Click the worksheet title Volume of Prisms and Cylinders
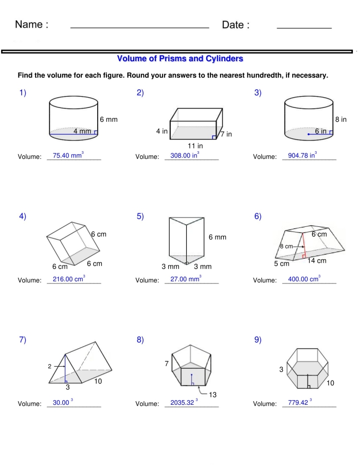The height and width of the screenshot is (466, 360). pyautogui.click(x=180, y=59)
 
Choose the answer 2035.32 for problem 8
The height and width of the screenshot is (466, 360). pyautogui.click(x=182, y=403)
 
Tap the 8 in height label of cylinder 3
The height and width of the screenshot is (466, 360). pyautogui.click(x=340, y=119)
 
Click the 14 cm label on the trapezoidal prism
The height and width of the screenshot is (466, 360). pyautogui.click(x=317, y=261)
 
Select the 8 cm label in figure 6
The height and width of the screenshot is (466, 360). pyautogui.click(x=286, y=246)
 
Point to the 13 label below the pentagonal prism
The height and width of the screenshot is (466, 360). pyautogui.click(x=212, y=395)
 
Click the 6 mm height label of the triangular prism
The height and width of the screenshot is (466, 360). pyautogui.click(x=217, y=237)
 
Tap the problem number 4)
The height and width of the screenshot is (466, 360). pyautogui.click(x=23, y=216)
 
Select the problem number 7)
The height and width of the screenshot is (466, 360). pyautogui.click(x=23, y=339)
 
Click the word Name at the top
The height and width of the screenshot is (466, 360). pyautogui.click(x=32, y=25)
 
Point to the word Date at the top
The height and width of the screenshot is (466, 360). pyautogui.click(x=236, y=25)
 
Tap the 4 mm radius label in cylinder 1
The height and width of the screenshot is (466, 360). pyautogui.click(x=82, y=131)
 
